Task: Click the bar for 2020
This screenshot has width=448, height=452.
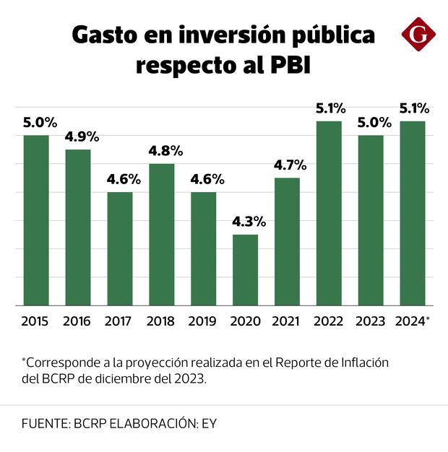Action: (x=245, y=270)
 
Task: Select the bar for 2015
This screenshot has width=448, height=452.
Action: (x=35, y=220)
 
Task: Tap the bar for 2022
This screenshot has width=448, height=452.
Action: (x=329, y=213)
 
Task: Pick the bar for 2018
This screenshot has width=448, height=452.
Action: (x=161, y=235)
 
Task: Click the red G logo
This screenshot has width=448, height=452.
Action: (x=419, y=33)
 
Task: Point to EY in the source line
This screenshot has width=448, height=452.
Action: (x=207, y=424)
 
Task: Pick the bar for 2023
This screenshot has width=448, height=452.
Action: (x=371, y=220)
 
